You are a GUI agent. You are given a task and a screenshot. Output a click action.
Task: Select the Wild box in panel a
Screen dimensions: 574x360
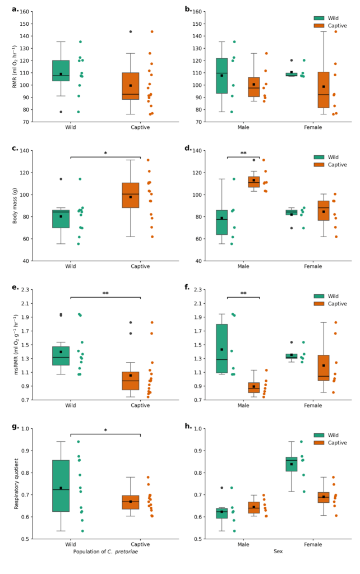[x=61, y=71]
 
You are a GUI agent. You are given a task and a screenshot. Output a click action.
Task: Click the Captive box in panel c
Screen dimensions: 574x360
[x=130, y=195]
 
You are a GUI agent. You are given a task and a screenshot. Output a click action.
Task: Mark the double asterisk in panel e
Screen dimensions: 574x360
[x=105, y=294]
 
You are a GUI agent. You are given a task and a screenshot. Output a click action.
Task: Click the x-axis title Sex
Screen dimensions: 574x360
[x=278, y=552]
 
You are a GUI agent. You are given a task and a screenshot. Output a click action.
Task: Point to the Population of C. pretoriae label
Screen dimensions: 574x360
[x=105, y=552]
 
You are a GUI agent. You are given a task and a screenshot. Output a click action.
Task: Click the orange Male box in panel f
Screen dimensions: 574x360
[x=253, y=387]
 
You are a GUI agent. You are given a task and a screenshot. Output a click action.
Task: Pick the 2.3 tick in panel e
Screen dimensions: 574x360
[x=26, y=290]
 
